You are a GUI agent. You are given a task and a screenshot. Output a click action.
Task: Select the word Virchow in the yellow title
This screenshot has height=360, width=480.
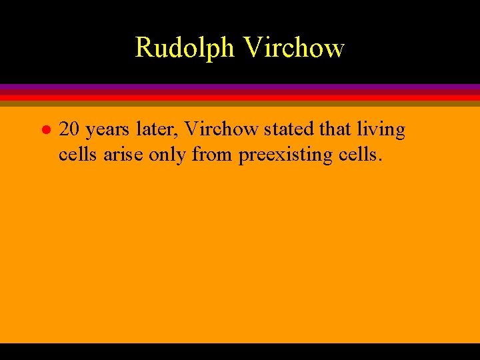(x=294, y=48)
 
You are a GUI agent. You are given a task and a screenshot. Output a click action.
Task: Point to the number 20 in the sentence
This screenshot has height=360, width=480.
(x=69, y=129)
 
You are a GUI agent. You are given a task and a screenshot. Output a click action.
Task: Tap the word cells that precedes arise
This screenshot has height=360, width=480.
(x=78, y=154)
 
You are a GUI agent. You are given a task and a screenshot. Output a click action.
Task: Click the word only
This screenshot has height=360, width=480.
(x=167, y=155)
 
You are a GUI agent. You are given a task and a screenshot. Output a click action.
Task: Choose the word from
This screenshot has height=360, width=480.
(x=213, y=154)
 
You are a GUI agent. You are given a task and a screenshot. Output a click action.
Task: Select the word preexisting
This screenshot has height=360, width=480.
(x=289, y=155)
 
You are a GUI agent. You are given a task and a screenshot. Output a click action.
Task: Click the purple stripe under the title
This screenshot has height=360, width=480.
(x=240, y=87)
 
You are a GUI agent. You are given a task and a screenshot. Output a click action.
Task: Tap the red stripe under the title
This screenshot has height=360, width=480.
(x=240, y=97)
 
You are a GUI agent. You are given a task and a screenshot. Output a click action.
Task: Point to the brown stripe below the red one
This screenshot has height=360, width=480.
(x=240, y=103)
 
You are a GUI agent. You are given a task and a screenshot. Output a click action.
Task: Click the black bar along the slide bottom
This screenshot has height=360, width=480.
(x=240, y=351)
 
